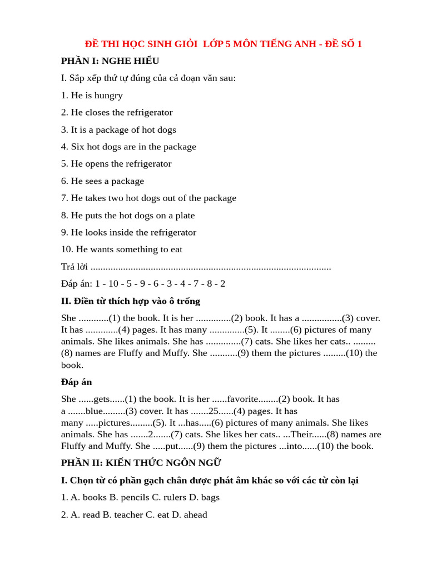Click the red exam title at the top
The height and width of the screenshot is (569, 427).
coord(223,44)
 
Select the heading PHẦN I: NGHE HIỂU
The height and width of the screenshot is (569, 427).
coord(110,61)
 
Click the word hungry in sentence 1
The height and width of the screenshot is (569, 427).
coord(108,96)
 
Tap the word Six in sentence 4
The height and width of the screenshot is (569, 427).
coord(78,147)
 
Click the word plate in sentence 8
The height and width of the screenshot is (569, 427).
coord(183,216)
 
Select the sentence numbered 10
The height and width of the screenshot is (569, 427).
coord(122,249)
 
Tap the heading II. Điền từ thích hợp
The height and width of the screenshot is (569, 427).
coord(131,301)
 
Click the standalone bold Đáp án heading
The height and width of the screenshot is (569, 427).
coord(77,382)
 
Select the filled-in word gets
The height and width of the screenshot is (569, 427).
coord(102,399)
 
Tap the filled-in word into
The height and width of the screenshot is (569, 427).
coord(294,446)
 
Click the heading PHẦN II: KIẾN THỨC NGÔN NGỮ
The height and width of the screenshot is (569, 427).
coord(141,463)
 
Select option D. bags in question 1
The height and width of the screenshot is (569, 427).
coord(204,497)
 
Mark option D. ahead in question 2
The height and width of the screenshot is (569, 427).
coord(189,515)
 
